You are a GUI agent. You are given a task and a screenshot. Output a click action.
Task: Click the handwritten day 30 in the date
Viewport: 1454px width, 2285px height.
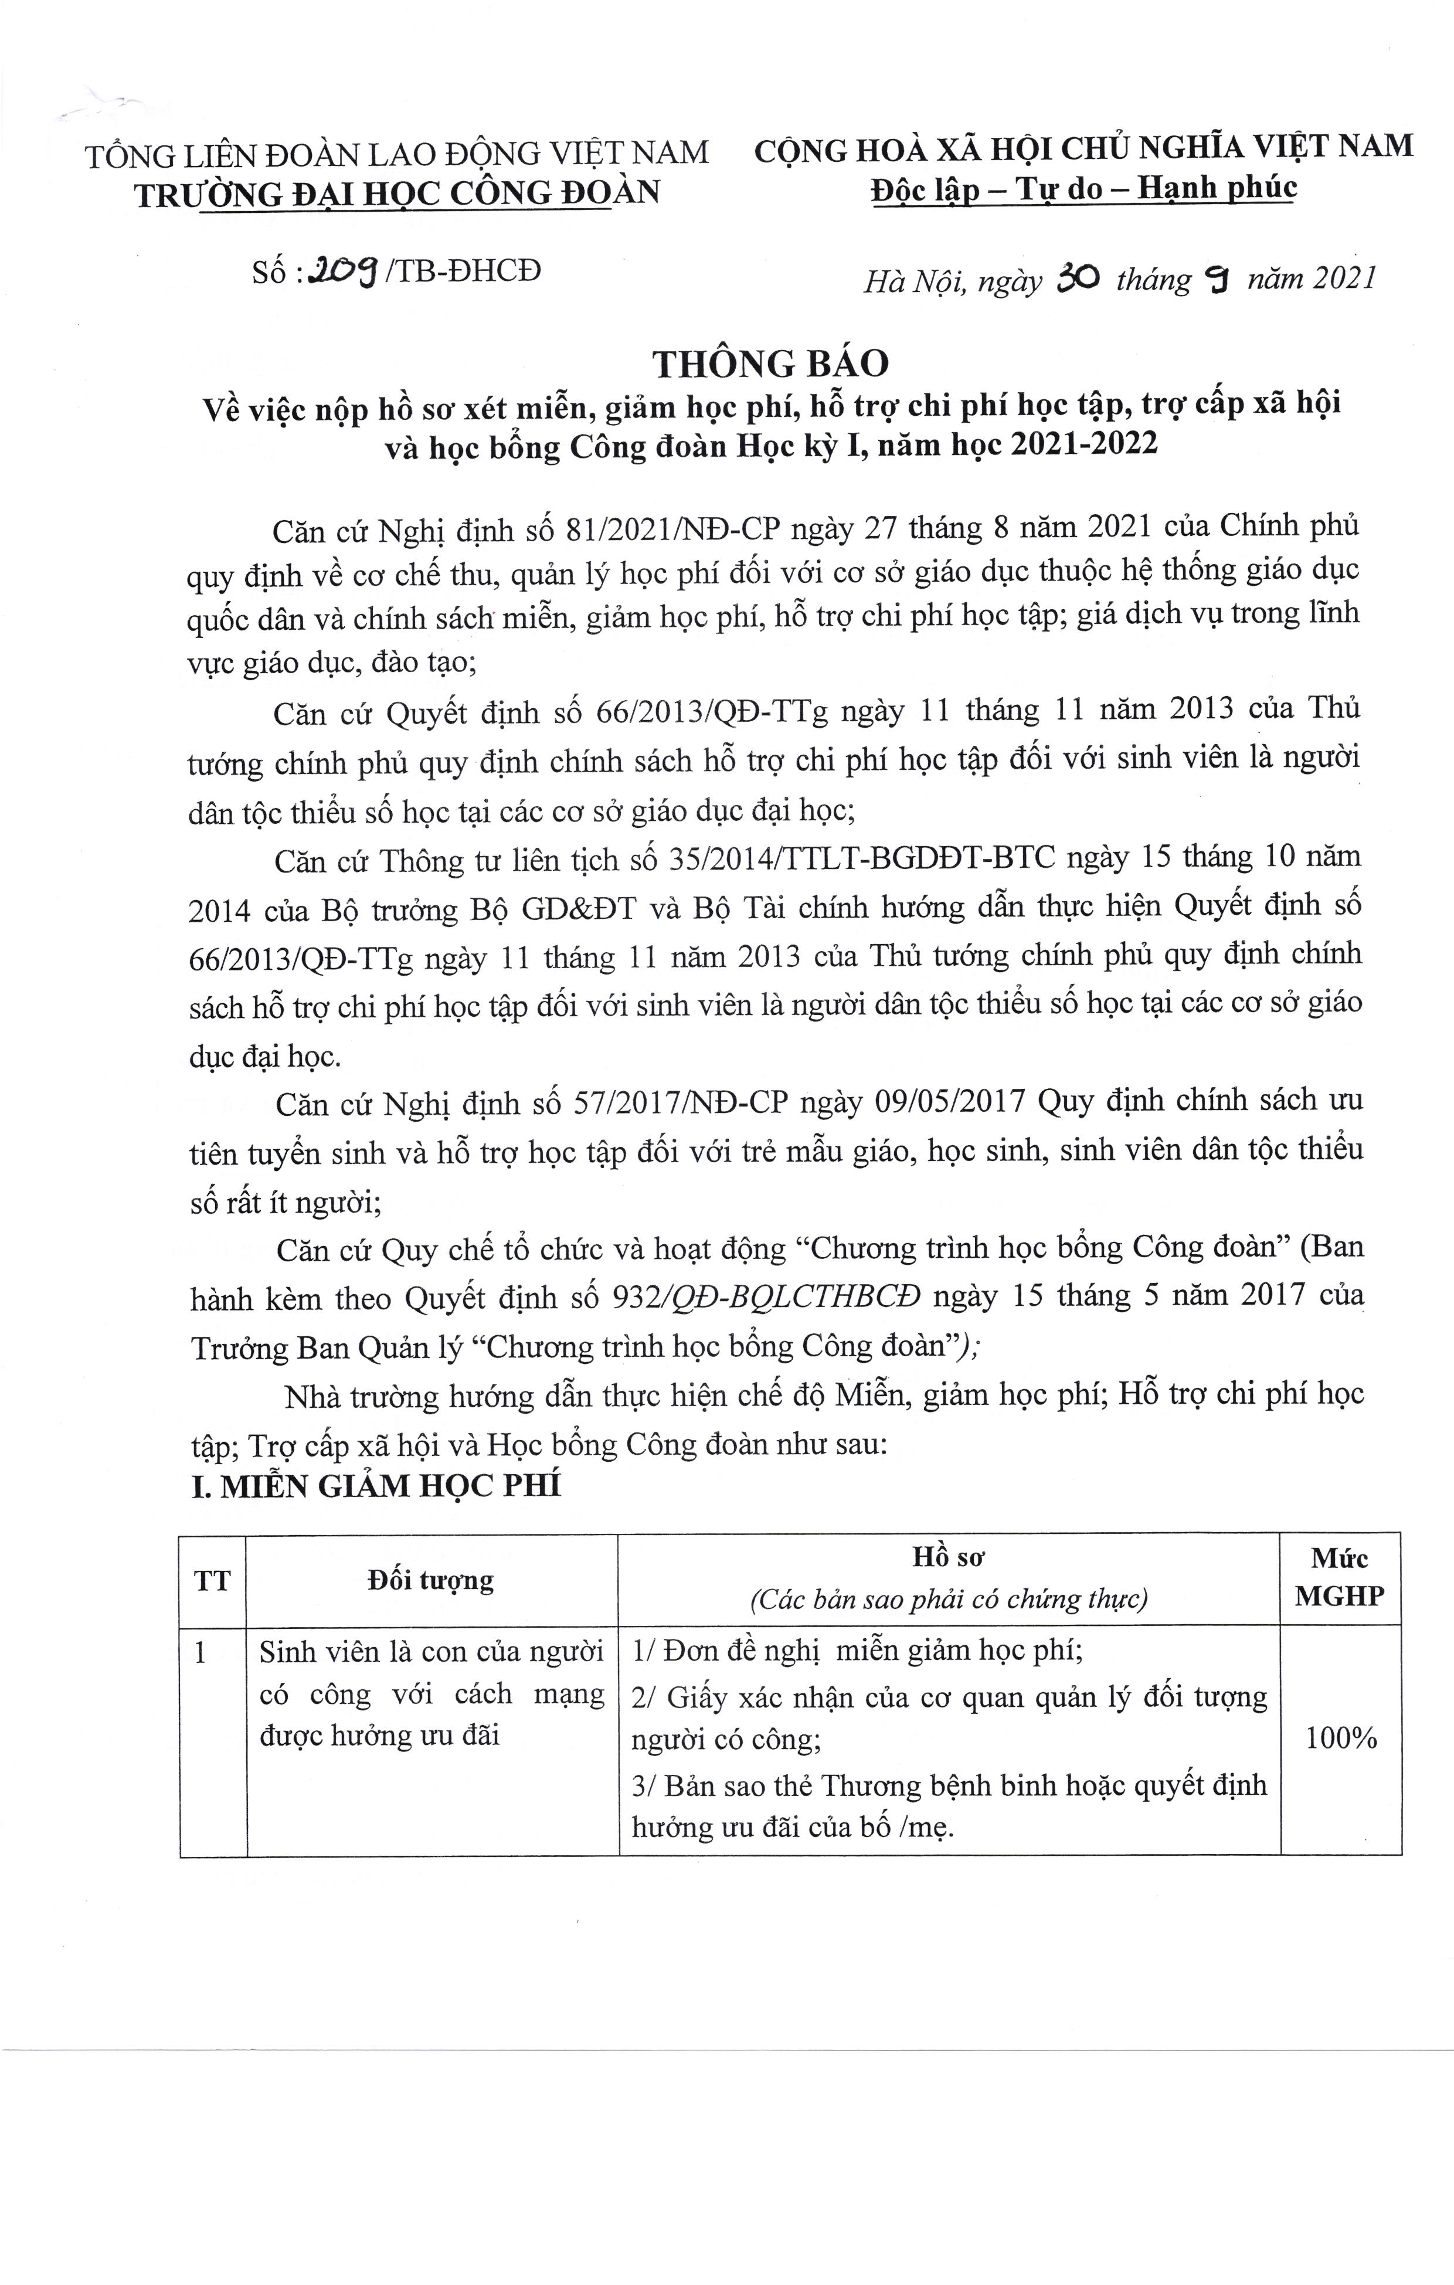point(1077,279)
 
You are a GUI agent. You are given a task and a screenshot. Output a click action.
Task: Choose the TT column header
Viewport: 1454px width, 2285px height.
point(213,1581)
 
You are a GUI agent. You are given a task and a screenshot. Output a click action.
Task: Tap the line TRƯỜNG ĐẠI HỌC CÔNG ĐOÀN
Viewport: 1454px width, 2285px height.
point(397,193)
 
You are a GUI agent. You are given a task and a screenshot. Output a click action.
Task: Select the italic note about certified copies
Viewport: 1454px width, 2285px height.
point(948,1600)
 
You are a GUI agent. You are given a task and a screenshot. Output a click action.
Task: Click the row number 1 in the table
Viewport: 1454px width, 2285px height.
point(201,1652)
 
